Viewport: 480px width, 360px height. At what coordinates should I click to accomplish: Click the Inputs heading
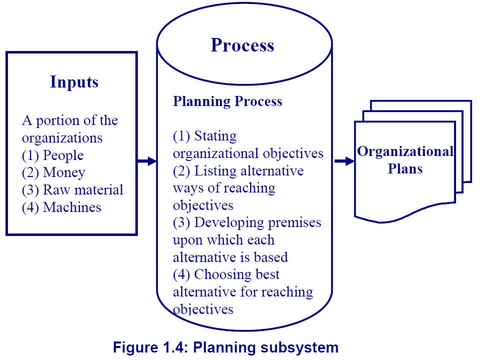74,82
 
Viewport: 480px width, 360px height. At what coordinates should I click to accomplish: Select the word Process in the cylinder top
242,45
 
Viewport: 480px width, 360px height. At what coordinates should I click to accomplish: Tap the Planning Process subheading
227,101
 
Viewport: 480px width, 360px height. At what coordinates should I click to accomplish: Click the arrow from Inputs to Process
147,161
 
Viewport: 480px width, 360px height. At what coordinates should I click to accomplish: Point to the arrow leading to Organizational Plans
344,161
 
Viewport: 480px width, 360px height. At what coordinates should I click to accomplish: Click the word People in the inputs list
63,155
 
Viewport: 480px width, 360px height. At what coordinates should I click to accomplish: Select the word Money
64,172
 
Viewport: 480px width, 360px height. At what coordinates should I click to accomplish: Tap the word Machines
72,207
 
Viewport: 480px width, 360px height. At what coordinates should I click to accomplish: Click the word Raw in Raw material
56,190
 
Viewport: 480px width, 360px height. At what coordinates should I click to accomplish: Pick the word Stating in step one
215,136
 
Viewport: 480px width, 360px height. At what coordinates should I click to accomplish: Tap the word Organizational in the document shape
405,151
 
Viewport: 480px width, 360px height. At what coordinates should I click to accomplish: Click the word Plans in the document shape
405,169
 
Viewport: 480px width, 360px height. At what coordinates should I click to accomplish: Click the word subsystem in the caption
299,347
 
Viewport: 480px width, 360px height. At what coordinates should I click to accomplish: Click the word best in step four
267,274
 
